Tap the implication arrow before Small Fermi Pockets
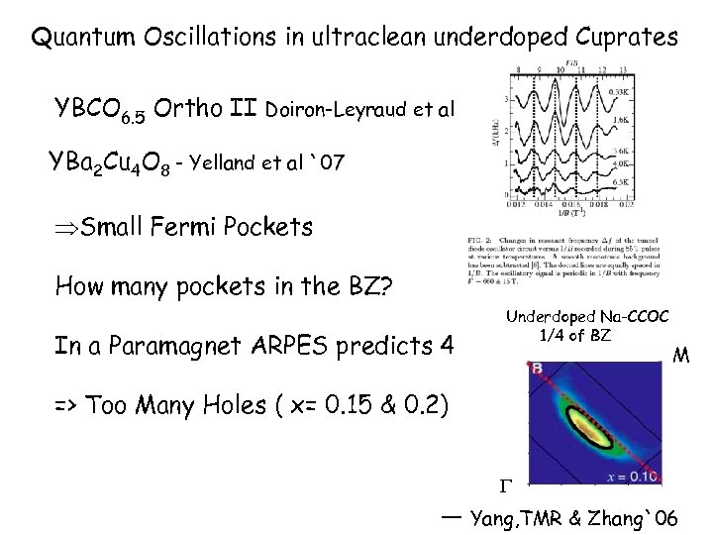66,227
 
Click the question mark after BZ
387,287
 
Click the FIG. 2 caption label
475,241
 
